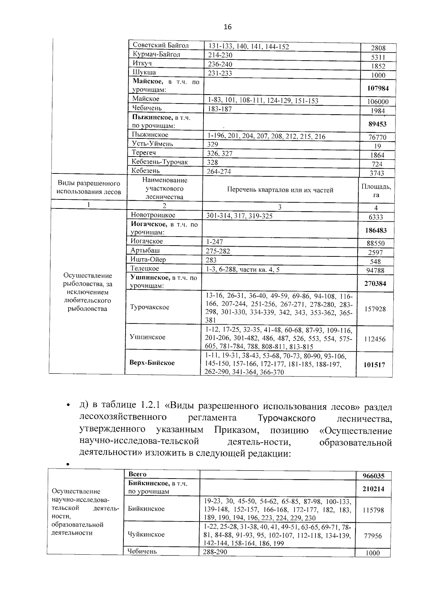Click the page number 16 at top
point(227,27)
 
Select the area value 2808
point(378,48)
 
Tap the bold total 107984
point(378,88)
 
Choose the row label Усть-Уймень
point(152,144)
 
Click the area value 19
point(378,146)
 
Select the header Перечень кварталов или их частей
point(280,190)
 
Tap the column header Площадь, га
point(376,190)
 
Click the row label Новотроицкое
point(153,215)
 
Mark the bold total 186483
point(375,230)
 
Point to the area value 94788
point(375,270)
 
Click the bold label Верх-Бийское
point(152,362)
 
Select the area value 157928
point(375,309)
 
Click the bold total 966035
point(373,476)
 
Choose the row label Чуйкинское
point(146,534)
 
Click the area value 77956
point(373,536)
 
